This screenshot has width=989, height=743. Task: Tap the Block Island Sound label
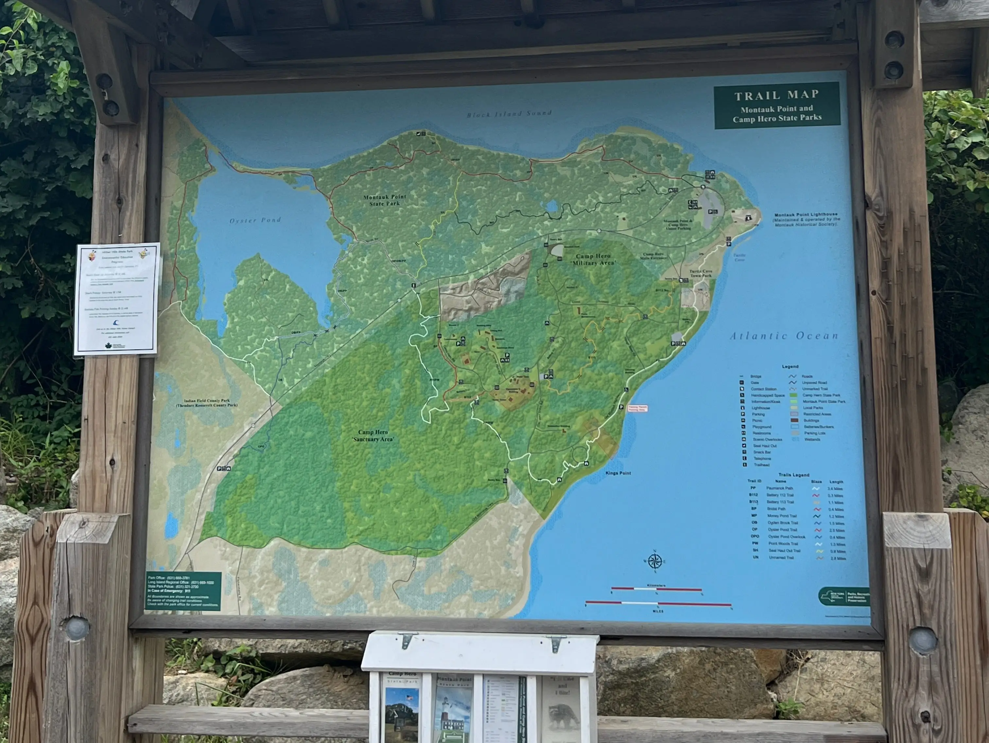[509, 113]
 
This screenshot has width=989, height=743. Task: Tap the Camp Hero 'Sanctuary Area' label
[373, 436]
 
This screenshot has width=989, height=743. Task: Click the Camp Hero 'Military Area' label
[593, 259]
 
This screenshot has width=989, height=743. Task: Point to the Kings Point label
[618, 473]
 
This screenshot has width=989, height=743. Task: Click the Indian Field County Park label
[207, 403]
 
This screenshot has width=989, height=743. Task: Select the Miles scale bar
[658, 603]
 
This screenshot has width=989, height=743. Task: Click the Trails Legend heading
[794, 475]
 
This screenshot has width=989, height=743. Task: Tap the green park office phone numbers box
[183, 591]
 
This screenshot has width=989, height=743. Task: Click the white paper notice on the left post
[117, 299]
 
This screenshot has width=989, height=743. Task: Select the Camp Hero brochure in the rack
[402, 706]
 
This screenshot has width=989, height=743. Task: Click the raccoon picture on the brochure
[562, 715]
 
